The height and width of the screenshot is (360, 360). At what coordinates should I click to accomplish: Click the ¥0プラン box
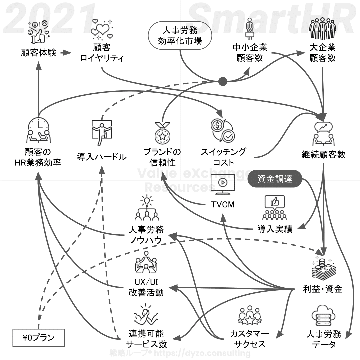click(38, 338)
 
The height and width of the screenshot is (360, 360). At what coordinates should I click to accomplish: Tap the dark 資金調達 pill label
click(275, 179)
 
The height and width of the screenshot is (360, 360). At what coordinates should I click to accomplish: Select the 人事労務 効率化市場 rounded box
click(180, 36)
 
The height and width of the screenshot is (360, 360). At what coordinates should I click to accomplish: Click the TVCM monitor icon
click(223, 184)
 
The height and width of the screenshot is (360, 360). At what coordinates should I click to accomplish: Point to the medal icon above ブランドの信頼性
click(163, 132)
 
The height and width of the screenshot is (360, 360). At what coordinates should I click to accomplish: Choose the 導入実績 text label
click(275, 229)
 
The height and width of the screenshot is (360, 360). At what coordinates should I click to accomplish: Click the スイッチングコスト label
click(223, 157)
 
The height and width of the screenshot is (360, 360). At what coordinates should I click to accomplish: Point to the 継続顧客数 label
click(323, 155)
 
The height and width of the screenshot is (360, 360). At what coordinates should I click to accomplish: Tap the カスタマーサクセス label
click(250, 339)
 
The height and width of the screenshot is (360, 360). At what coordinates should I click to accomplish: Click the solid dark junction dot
click(223, 81)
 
